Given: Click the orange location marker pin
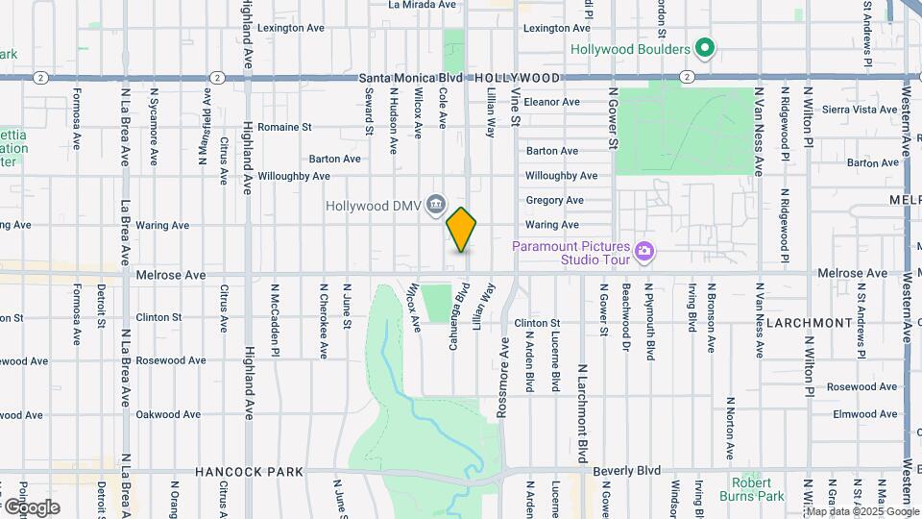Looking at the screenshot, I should pyautogui.click(x=462, y=230).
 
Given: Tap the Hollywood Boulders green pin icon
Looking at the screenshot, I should pyautogui.click(x=706, y=48).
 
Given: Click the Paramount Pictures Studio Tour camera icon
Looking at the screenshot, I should pyautogui.click(x=644, y=252).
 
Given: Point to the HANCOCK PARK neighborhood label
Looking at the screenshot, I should pyautogui.click(x=249, y=472).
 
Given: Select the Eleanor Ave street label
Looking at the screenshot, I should pyautogui.click(x=552, y=101).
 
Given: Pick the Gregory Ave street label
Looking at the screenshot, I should pyautogui.click(x=554, y=200).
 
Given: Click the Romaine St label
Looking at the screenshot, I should pyautogui.click(x=284, y=126).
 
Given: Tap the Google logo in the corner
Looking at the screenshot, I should pyautogui.click(x=32, y=507).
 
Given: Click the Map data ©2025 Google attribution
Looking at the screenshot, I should pyautogui.click(x=861, y=511).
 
